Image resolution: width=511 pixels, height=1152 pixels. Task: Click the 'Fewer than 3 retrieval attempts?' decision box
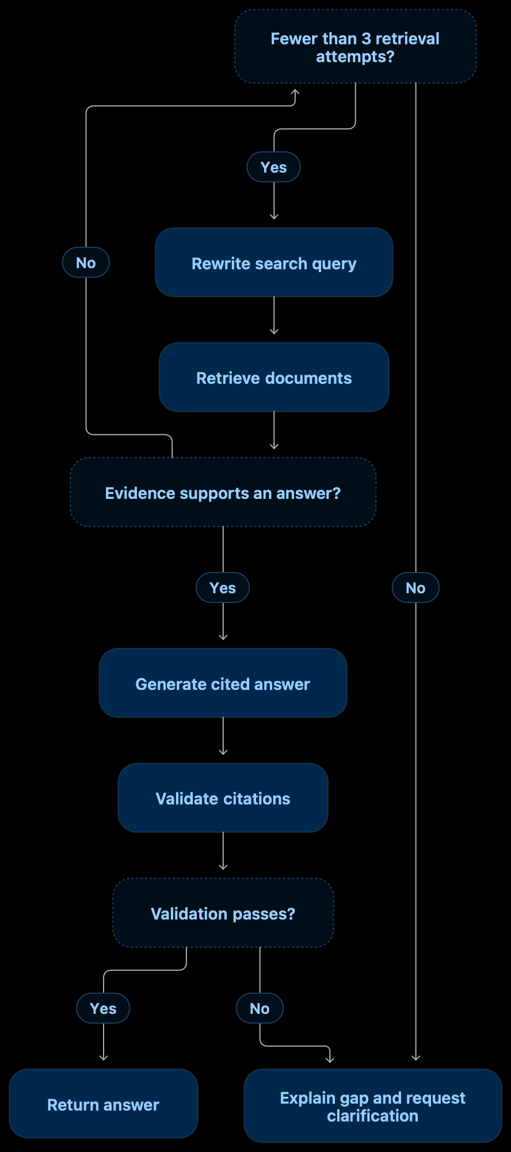[356, 47]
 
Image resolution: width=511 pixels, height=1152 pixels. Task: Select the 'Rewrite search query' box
[274, 262]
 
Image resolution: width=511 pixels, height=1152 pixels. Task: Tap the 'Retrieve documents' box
[274, 377]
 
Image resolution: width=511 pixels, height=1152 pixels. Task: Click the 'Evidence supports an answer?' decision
[223, 493]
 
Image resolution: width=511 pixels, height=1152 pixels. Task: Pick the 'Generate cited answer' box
[223, 683]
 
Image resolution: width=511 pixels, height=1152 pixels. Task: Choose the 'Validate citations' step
[223, 798]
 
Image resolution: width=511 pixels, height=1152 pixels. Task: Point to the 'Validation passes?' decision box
[223, 913]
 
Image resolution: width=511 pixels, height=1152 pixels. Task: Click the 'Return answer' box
[104, 1104]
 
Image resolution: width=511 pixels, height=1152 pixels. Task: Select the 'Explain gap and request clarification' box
[373, 1106]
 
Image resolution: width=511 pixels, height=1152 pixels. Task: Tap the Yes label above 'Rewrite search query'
[274, 167]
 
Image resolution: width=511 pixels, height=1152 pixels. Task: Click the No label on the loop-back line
[86, 262]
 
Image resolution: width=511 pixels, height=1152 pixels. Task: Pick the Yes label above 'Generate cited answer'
[223, 588]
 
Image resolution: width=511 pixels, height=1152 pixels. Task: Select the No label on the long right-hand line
[415, 588]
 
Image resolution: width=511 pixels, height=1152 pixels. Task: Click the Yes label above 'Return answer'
[103, 1008]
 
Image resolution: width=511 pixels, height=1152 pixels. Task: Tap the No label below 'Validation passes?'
[260, 1008]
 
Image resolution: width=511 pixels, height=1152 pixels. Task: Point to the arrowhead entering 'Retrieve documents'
[274, 331]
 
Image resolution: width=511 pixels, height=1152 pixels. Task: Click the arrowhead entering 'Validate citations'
[223, 752]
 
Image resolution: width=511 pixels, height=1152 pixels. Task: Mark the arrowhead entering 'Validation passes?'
[223, 867]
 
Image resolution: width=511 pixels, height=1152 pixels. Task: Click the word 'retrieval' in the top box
[408, 39]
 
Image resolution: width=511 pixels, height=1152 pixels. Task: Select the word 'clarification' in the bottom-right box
[373, 1116]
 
